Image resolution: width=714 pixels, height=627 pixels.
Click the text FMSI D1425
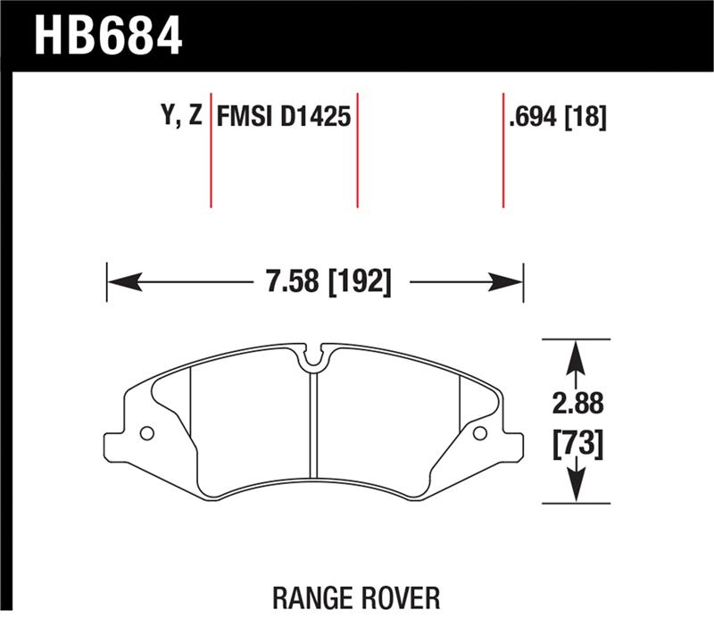click(284, 118)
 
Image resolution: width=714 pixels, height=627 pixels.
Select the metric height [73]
click(577, 443)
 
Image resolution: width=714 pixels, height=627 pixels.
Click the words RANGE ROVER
click(356, 597)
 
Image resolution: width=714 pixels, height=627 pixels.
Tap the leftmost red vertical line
click(211, 148)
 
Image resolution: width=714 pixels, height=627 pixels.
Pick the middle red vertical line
click(357, 148)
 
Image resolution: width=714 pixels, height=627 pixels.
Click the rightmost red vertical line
click(503, 148)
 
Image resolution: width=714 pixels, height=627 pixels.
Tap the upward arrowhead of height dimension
click(577, 356)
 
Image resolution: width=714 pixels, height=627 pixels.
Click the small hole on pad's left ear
click(147, 434)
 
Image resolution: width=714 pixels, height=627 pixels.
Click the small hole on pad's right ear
click(479, 434)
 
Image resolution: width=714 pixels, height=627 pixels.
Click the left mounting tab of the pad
click(119, 443)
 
